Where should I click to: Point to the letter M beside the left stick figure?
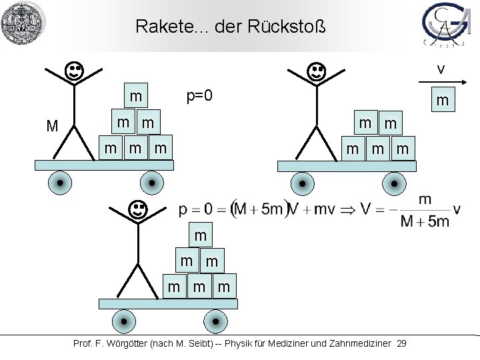[52, 125]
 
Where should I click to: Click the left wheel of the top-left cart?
[60, 182]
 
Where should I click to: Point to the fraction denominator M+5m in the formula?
[425, 221]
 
